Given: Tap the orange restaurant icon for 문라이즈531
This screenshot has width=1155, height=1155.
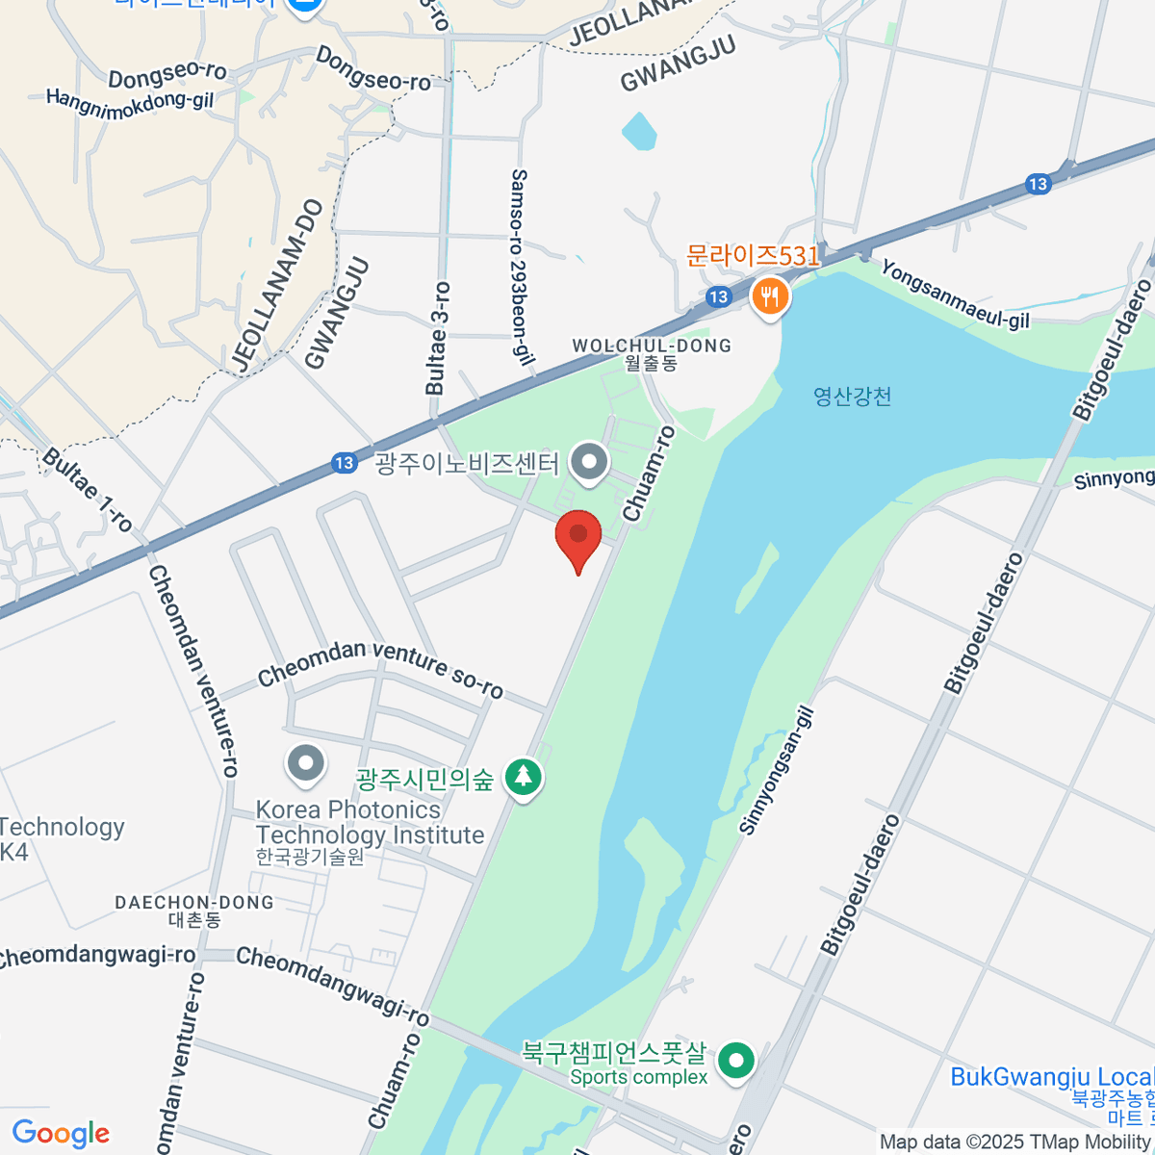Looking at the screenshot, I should point(769,295).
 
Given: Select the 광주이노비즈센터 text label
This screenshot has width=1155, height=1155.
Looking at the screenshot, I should point(467,464).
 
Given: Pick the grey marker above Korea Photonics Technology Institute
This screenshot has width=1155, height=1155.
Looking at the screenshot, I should point(306,764).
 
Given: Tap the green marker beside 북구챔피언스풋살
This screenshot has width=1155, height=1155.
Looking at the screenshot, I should point(737,1063).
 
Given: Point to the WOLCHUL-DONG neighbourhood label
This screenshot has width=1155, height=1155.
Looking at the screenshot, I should point(652,346).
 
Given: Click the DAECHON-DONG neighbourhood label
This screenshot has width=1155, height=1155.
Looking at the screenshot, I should point(194,903).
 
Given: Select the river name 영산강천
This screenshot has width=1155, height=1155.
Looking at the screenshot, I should point(852,396).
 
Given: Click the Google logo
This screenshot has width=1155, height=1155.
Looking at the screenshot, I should point(61,1133).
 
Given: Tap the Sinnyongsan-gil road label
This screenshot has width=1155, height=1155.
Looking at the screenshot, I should point(777,771).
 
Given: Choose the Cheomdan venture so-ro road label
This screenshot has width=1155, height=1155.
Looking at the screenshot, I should point(380,667).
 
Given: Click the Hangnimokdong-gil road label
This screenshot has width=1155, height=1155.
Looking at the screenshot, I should point(130,99).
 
